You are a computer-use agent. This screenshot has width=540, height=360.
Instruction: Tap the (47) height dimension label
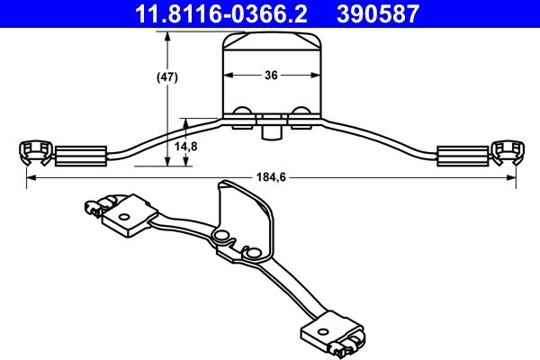(167, 77)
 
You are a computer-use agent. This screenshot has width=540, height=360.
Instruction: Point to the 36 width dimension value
(271, 76)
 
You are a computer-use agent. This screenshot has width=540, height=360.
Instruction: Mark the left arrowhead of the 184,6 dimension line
(28, 178)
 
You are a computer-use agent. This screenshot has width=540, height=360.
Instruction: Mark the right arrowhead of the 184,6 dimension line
(512, 178)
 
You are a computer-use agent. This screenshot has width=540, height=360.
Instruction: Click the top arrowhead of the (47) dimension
(167, 34)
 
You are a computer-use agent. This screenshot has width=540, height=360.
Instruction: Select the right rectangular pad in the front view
(461, 156)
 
